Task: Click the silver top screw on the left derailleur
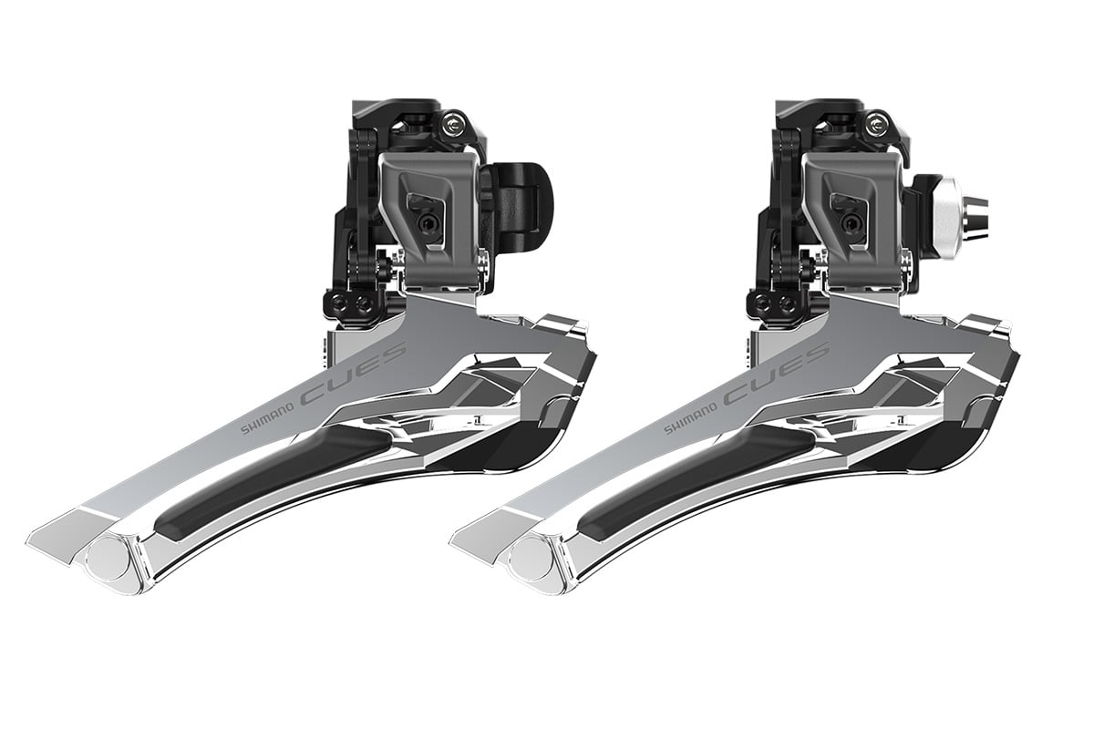(x=455, y=126)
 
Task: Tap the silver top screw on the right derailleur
(x=879, y=126)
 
